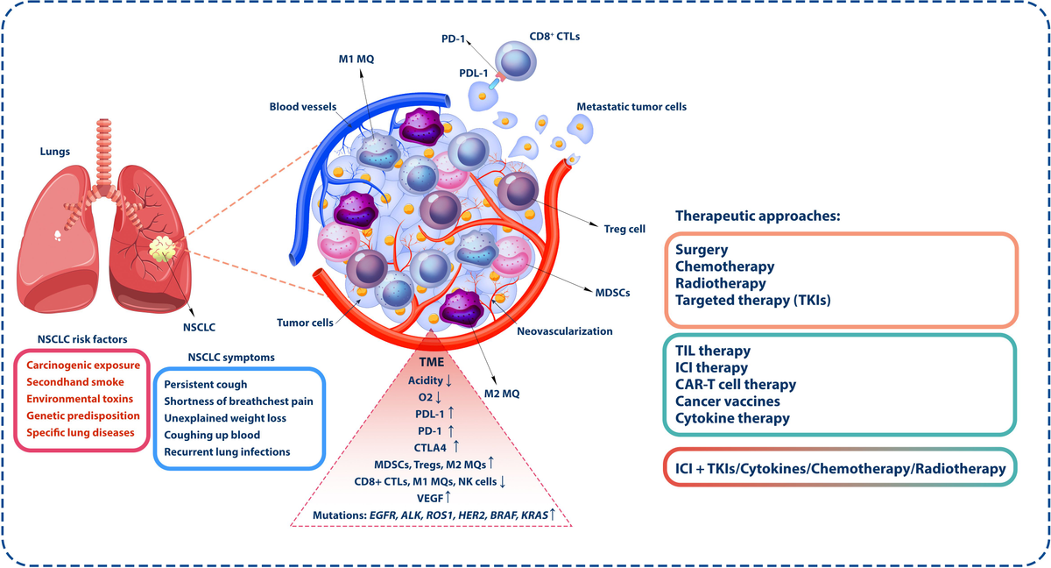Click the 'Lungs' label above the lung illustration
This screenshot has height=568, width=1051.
[x=55, y=152]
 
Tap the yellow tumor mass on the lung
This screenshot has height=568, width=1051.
[x=162, y=249]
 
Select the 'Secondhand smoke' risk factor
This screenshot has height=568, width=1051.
[x=75, y=382]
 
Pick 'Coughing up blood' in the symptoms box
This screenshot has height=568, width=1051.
[x=212, y=435]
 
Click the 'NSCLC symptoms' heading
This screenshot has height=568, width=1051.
[x=231, y=358]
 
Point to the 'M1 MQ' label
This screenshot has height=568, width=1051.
[x=356, y=59]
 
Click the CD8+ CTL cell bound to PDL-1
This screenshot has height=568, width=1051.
[x=516, y=61]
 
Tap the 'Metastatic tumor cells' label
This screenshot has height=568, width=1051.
[x=631, y=107]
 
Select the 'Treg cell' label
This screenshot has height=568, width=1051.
[x=624, y=229]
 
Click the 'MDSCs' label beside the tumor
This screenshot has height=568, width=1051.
[x=612, y=294]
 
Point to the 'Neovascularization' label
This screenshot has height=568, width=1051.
[x=565, y=331]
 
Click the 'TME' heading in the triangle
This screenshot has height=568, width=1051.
[x=432, y=362]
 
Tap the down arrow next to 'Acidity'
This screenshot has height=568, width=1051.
[x=448, y=380]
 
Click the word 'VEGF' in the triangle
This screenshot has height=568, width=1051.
[x=430, y=498]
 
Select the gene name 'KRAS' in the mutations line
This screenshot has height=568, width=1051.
[x=534, y=515]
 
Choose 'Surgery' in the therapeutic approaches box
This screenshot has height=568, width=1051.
[x=702, y=250]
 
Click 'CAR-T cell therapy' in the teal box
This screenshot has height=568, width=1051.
[x=736, y=385]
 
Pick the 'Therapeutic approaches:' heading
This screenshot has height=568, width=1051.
[x=758, y=216]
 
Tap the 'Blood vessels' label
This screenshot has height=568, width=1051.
[x=303, y=107]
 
